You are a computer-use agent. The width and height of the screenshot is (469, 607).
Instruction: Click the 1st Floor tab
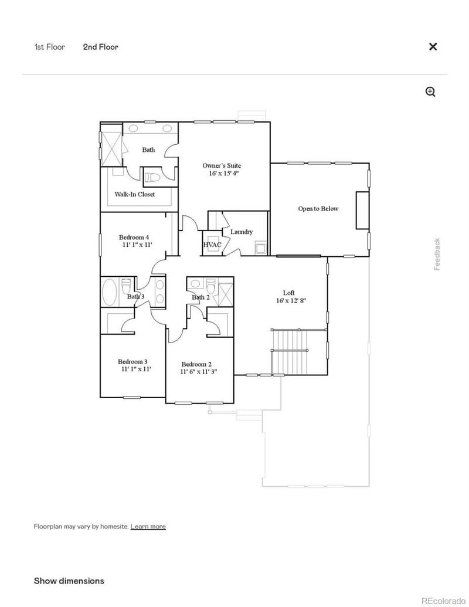click(x=49, y=47)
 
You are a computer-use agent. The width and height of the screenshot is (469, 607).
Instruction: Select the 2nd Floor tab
click(x=100, y=47)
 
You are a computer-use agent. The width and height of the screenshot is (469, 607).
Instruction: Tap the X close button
click(x=433, y=47)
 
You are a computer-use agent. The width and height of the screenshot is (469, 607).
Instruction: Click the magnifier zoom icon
click(x=430, y=91)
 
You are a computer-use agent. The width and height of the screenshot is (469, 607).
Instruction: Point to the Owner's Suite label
click(x=222, y=166)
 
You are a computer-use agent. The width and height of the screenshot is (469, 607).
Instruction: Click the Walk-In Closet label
click(x=135, y=194)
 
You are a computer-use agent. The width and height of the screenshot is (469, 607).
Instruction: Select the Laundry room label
click(x=242, y=232)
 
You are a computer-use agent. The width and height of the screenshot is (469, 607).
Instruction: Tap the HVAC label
click(x=212, y=245)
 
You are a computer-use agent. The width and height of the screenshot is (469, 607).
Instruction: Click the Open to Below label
click(x=318, y=209)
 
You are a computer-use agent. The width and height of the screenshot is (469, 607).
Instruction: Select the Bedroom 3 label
click(x=132, y=361)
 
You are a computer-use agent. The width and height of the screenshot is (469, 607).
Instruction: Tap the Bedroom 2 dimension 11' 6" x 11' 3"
click(x=199, y=372)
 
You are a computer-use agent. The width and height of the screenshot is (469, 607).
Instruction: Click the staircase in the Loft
click(x=290, y=351)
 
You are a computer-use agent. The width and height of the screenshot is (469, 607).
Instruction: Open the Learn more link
click(x=148, y=527)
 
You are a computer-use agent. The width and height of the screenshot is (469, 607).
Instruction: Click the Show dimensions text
click(x=69, y=581)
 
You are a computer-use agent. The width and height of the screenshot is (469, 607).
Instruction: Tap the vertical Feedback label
click(x=437, y=254)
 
